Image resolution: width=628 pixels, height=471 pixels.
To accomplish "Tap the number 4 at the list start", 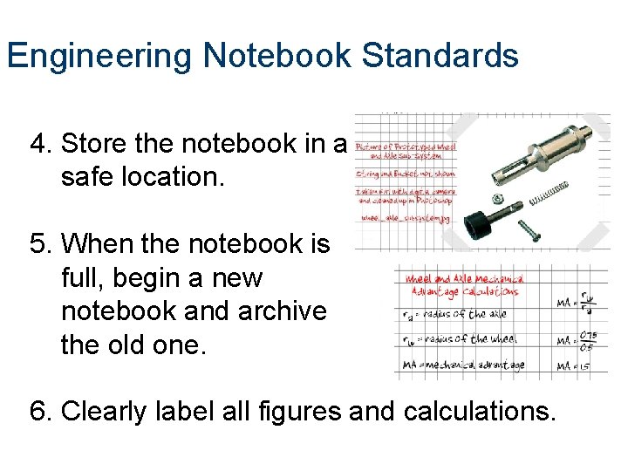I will (37, 143).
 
